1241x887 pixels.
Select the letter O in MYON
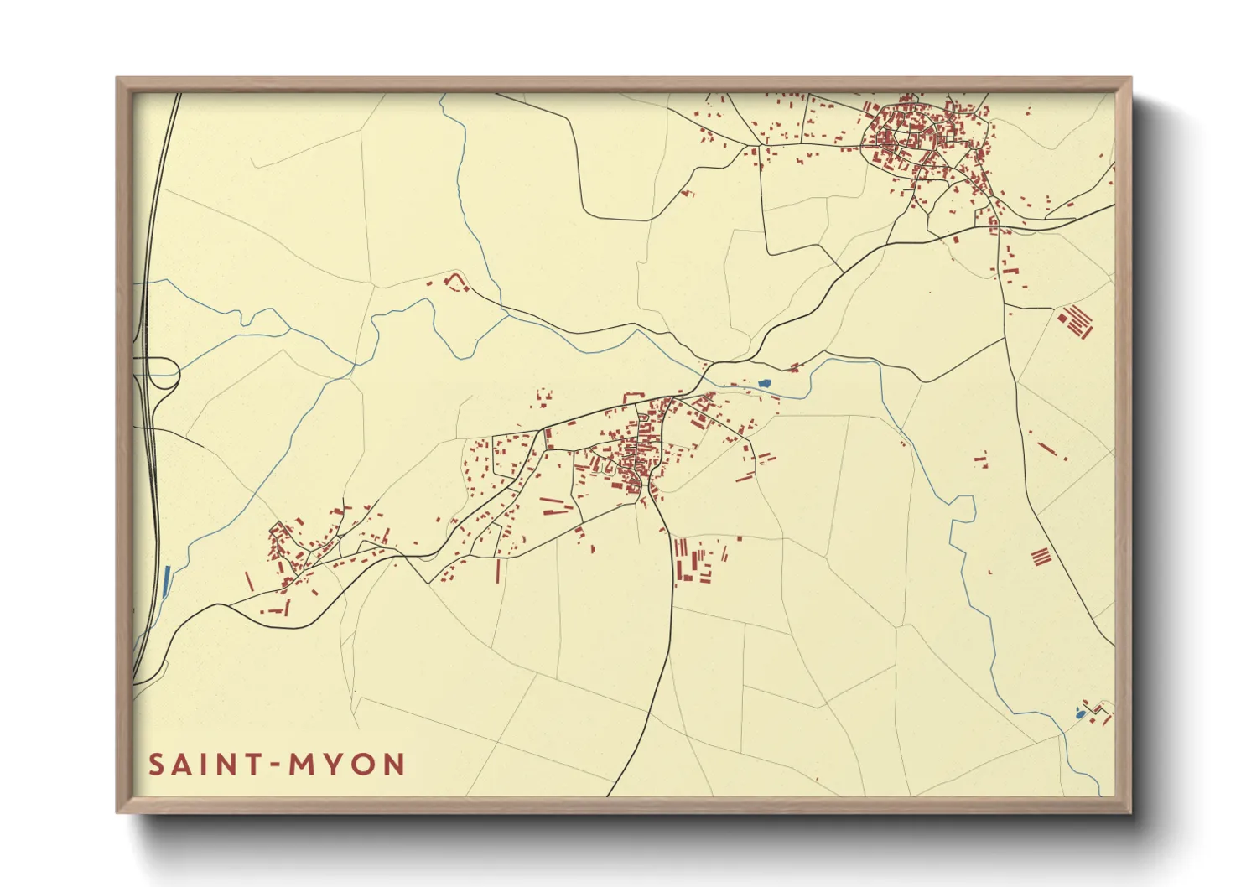[x=364, y=765]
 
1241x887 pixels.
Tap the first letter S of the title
[x=157, y=765]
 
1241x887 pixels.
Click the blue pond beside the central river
[x=764, y=383]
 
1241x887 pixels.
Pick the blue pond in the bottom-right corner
[x=1081, y=714]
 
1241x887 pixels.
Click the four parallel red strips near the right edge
[x=1041, y=556]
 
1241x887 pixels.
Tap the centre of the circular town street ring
[x=904, y=137]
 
